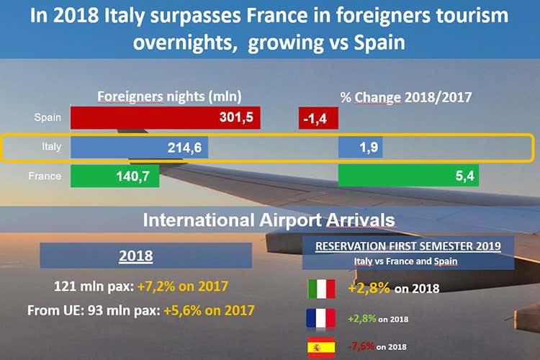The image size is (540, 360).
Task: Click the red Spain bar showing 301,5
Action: click(165, 118)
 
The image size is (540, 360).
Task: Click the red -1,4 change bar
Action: click(315, 118)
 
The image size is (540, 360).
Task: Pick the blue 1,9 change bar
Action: click(360, 147)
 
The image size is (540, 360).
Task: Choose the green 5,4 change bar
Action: click(409, 176)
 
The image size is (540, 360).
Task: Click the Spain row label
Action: click(48, 117)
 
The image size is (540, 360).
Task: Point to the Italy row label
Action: click(50, 147)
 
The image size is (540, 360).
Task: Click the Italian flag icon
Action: click(320, 289)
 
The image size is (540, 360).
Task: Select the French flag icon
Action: click(320, 318)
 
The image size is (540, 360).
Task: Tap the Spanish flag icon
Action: click(320, 346)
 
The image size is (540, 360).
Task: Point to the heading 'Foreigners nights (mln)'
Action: click(169, 96)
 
